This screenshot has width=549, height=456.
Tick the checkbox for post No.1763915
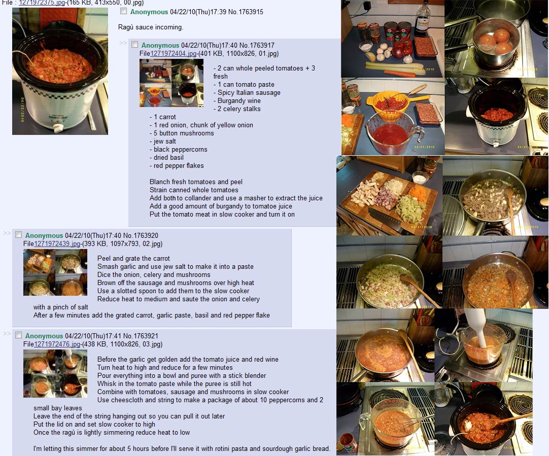pyautogui.click(x=124, y=11)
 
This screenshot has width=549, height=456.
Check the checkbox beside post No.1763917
pyautogui.click(x=135, y=45)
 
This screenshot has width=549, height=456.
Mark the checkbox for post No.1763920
pyautogui.click(x=19, y=235)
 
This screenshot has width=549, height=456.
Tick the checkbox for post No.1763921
pyautogui.click(x=19, y=335)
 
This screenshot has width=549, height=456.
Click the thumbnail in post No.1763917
pyautogui.click(x=171, y=83)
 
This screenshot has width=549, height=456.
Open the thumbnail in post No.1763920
pyautogui.click(x=55, y=272)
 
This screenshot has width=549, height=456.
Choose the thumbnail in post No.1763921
pyautogui.click(x=55, y=373)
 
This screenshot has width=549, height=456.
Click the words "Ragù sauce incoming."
pyautogui.click(x=151, y=27)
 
